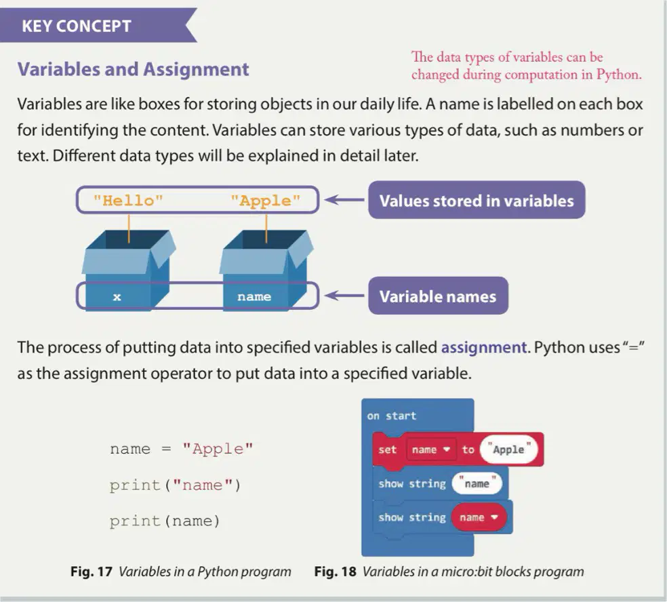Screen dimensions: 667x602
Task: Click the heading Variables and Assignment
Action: point(133,69)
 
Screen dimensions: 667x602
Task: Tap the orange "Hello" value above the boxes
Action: point(128,201)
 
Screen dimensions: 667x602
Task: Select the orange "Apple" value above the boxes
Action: point(266,201)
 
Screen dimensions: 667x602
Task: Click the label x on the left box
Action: point(117,297)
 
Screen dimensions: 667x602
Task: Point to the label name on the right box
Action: point(254,296)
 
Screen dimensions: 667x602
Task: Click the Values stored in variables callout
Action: point(477,201)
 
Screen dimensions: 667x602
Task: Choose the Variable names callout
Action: point(438,296)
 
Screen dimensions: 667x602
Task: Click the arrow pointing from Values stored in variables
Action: point(344,199)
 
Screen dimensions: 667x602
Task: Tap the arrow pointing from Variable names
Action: point(344,296)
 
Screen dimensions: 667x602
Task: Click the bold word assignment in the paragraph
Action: point(484,348)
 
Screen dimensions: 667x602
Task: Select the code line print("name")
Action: point(175,485)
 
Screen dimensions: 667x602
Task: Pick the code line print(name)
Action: point(165,521)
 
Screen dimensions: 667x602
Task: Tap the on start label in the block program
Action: point(391,416)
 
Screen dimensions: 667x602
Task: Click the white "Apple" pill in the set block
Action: point(508,449)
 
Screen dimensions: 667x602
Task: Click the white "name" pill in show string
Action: point(477,483)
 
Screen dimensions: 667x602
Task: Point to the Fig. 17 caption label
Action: point(91,571)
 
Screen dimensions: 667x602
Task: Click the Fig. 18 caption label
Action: point(336,571)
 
